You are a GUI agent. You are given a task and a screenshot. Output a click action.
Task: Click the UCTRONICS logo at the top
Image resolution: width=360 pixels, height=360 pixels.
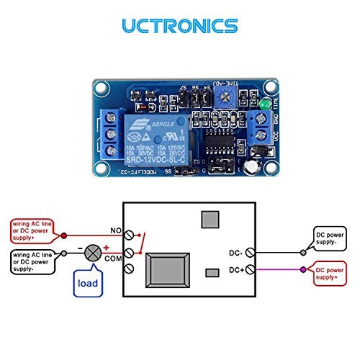[x=179, y=27]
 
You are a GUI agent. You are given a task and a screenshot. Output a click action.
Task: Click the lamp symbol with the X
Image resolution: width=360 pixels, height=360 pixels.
[x=94, y=252]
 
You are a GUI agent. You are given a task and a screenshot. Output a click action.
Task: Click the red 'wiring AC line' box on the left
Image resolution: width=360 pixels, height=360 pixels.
[x=32, y=230]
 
